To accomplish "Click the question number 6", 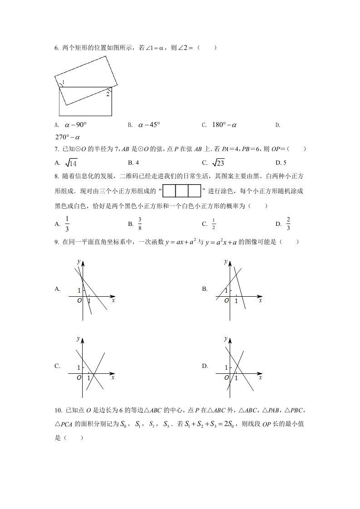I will (56, 48).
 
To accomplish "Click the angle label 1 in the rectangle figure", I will (63, 82).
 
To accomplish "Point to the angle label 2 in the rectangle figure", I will (108, 94).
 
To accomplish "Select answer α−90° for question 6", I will (75, 125).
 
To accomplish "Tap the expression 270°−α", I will (67, 137).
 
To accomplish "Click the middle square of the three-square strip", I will (182, 191).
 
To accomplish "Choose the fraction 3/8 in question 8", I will (140, 223).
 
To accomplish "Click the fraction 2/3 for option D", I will (288, 223).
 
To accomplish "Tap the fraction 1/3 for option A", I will (67, 223).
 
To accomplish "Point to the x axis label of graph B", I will (260, 300).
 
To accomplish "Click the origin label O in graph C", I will (79, 377).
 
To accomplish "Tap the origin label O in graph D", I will (226, 377).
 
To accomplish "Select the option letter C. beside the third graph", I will (57, 366).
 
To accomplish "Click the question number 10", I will (58, 411).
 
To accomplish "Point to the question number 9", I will (56, 242).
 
